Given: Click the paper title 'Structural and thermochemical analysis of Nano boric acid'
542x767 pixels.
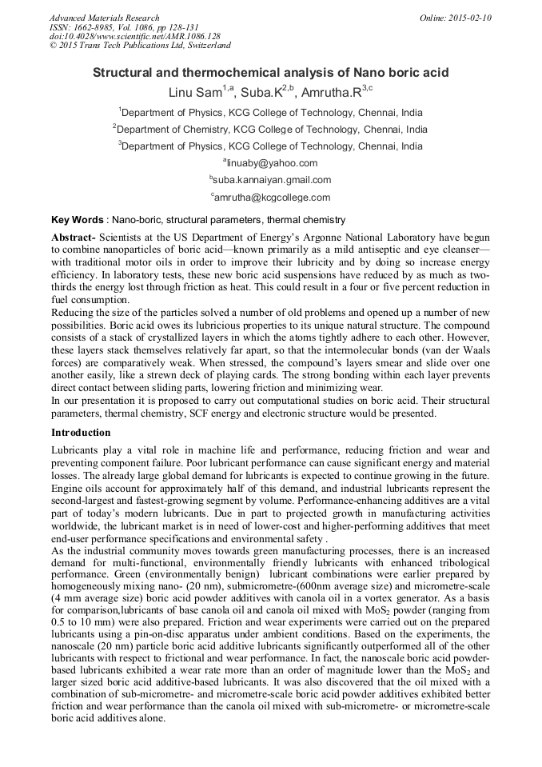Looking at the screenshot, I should point(271,73).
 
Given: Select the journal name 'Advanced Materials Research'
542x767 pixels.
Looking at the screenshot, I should point(104,18).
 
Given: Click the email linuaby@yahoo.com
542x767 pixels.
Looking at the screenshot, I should point(271,163).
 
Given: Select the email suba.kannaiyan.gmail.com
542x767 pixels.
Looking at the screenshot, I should point(271,180).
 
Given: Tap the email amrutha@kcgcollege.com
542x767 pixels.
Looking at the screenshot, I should point(271,197).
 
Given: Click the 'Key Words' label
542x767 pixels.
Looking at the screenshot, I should point(77,219).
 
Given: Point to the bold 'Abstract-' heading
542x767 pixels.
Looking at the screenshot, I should point(74,239).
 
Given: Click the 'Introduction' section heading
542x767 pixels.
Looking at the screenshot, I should point(82,432).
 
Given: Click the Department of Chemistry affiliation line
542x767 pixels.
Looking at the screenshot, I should point(271,129).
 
